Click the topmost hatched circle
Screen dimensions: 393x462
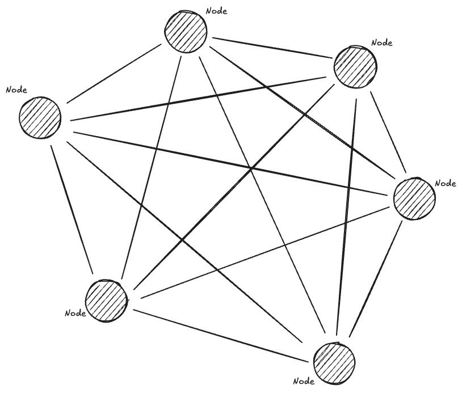[186, 31]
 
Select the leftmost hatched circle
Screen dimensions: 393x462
[40, 117]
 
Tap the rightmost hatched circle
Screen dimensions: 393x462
[414, 198]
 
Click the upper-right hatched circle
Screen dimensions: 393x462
[355, 66]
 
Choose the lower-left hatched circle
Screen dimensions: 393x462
[107, 301]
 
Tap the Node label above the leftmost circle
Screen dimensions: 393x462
[16, 90]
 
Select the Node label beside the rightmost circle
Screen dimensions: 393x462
[446, 183]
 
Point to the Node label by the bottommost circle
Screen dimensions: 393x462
[304, 381]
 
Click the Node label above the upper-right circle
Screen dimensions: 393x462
[381, 43]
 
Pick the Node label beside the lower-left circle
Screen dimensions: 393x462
[75, 313]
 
